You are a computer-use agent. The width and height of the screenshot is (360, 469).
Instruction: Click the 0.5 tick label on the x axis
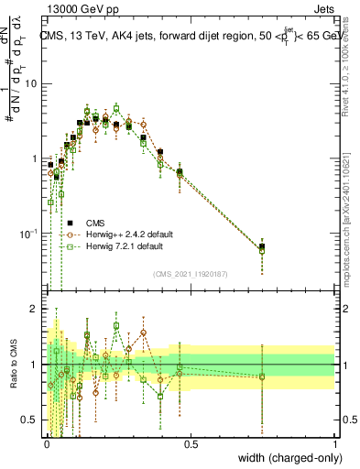click(191, 443)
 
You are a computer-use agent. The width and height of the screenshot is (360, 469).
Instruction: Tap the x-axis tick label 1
click(335, 443)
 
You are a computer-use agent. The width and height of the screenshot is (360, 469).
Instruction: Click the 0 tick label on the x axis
click(47, 443)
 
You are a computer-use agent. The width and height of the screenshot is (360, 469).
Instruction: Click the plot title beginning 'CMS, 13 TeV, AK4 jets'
click(188, 37)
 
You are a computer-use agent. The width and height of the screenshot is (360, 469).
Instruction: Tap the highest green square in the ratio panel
click(116, 325)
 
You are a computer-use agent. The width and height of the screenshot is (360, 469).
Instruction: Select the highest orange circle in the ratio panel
click(144, 333)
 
